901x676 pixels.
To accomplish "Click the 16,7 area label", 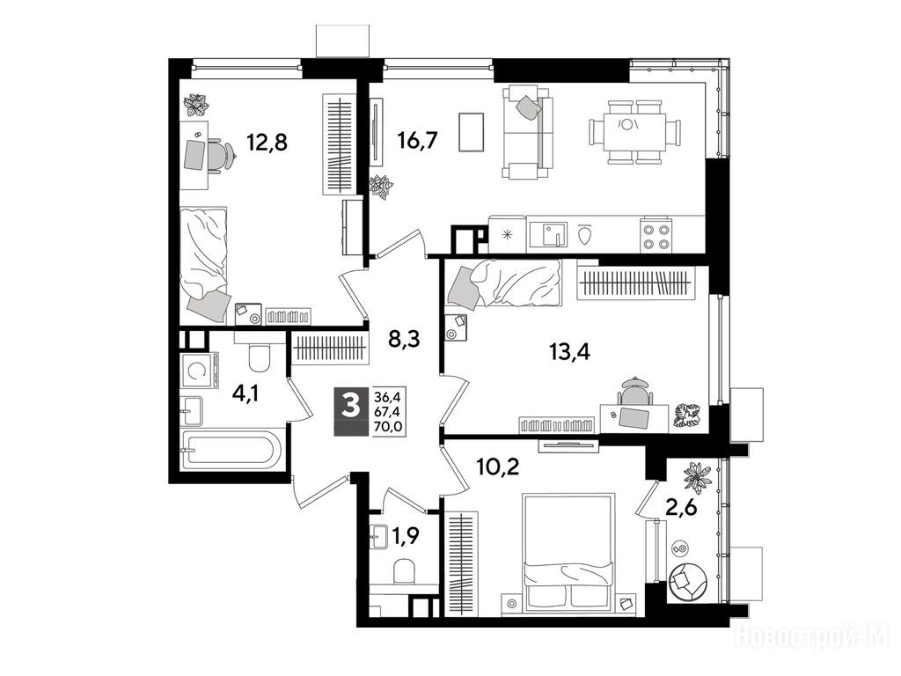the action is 418,140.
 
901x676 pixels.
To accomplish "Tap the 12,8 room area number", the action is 267,141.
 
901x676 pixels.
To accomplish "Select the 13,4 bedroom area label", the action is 570,350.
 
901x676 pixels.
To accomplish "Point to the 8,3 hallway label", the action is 404,339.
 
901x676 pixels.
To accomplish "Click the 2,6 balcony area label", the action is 681,508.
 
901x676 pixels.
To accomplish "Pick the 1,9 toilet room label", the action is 405,536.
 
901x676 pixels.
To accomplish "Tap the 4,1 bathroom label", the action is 246,393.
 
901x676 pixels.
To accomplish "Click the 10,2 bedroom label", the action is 498,467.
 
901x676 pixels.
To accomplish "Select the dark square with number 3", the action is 350,405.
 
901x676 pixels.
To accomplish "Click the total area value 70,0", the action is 388,426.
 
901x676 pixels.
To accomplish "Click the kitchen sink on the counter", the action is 547,234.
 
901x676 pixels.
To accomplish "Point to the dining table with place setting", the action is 634,132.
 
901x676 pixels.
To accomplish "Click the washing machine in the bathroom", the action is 200,371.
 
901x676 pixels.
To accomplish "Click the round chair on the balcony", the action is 687,582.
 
